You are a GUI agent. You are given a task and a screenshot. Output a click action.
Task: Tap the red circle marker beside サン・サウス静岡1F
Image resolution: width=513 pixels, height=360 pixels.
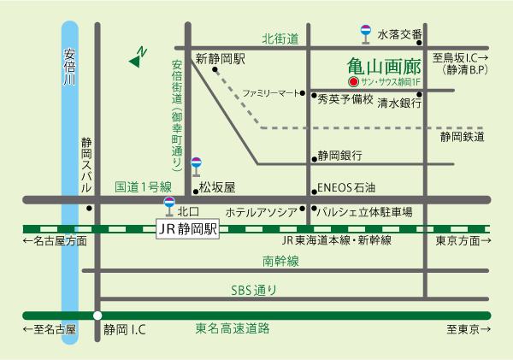pos(352,82)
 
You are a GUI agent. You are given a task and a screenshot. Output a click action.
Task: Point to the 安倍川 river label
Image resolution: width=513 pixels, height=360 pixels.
pos(70,68)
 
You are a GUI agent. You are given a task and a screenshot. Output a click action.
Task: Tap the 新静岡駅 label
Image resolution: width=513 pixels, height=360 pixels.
pos(220,60)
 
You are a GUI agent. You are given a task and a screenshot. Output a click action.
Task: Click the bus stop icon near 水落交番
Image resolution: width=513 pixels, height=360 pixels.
pos(365,32)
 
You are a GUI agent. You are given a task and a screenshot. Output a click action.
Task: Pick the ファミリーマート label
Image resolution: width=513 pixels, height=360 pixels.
pos(273,92)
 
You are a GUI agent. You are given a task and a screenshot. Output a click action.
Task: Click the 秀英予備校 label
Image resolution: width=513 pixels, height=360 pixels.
pos(345,100)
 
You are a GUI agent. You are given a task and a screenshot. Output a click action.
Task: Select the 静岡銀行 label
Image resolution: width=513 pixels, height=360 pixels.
pos(339,156)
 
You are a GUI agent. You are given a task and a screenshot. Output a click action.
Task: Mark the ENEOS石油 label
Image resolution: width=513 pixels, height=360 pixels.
pos(346,187)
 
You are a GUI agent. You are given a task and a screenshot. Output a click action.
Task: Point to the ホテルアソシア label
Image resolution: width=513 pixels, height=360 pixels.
pos(261,211)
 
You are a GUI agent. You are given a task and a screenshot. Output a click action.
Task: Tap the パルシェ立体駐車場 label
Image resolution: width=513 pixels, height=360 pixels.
pos(365,211)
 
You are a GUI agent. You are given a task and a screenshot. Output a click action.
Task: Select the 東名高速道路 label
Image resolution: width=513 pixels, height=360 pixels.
pos(233,328)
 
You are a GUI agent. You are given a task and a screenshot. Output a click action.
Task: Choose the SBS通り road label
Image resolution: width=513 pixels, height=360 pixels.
pos(254,291)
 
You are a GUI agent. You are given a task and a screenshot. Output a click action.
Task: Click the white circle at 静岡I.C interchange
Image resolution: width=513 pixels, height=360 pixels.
pos(97,315)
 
